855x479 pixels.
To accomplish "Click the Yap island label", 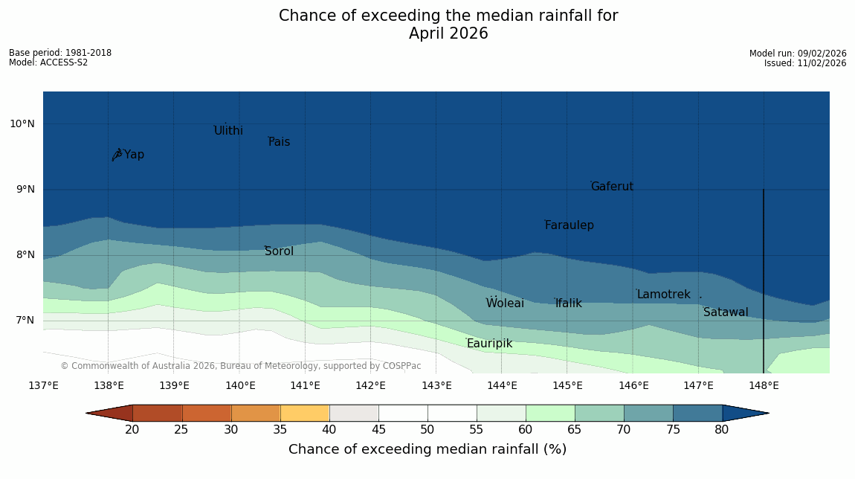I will pos(134,155).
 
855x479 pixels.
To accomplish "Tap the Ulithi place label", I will pos(228,131).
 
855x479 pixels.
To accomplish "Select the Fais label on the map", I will pos(280,142).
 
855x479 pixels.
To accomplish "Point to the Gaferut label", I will pos(612,187).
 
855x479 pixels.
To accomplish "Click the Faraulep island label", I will pos(569,225).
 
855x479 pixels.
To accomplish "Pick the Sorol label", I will pos(279,251).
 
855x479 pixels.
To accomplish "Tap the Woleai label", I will pos(505,303).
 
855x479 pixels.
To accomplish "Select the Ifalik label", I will pos(568,303).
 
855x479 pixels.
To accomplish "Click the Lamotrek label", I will pos(663,295).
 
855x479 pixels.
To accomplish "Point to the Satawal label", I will pos(726,312).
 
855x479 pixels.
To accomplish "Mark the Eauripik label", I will pos(489,344).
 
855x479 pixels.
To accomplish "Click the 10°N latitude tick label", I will pos(22,124).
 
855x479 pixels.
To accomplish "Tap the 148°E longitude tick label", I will pos(764,385).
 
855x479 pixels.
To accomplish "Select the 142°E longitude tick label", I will pos(370,385).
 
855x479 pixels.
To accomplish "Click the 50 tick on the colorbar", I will pos(427,430).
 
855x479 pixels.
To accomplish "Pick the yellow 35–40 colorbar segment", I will pos(305,414).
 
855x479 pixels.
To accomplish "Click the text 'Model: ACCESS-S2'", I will pos(48,62).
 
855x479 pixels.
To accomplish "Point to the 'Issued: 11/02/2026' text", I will pos(805,63).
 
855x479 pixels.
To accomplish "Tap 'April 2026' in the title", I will pos(448,33).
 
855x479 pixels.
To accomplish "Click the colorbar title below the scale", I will pos(427,449).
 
